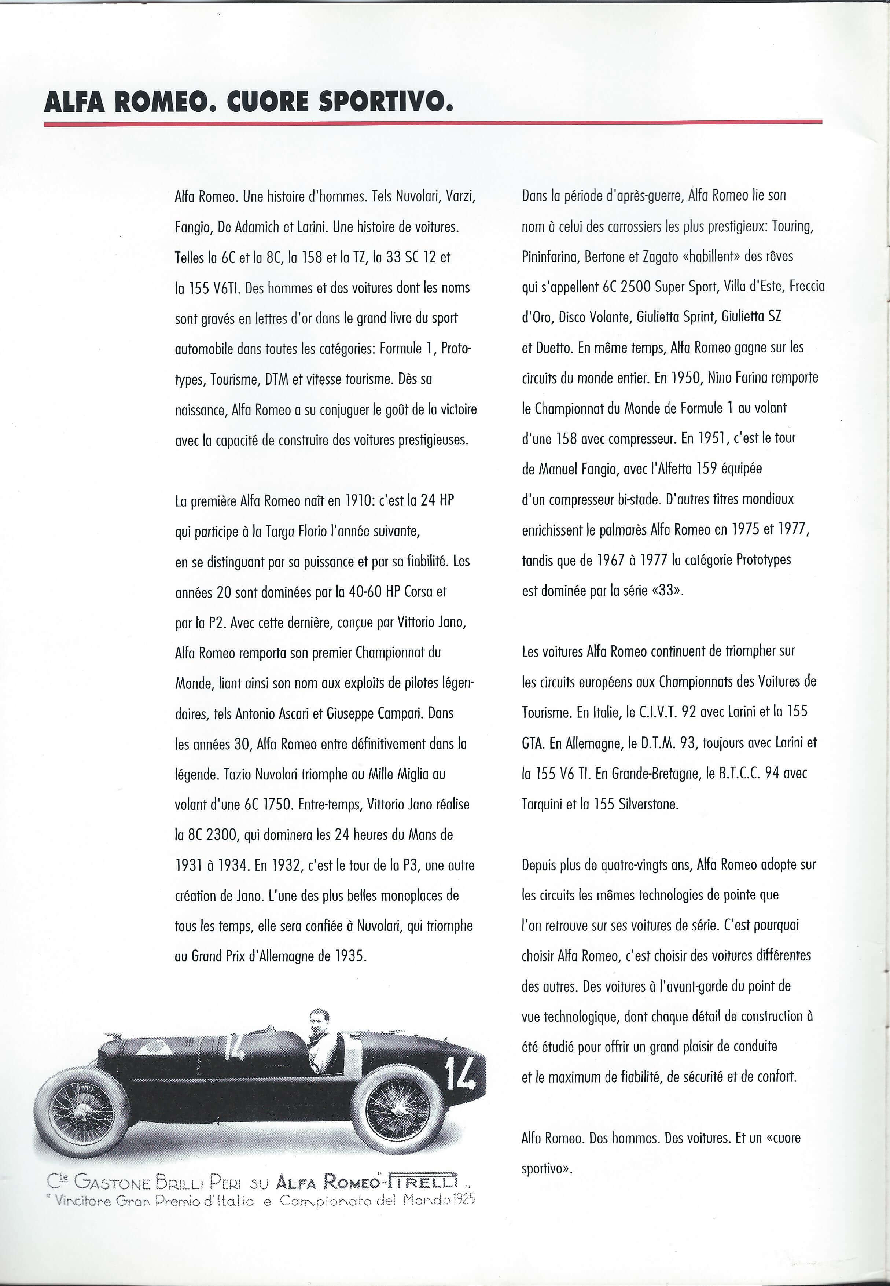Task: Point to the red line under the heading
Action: click(x=433, y=123)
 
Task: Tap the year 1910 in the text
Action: click(x=354, y=501)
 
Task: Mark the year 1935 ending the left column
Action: click(x=350, y=957)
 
